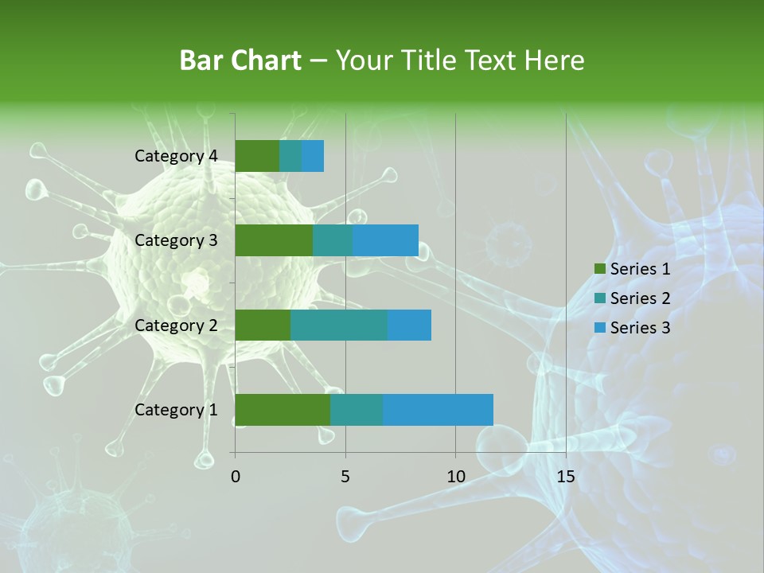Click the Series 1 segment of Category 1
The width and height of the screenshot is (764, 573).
click(x=283, y=410)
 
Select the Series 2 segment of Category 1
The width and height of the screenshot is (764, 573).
click(x=357, y=410)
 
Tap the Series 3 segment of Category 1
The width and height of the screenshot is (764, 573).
click(x=438, y=410)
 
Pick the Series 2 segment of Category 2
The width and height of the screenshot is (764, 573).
click(x=339, y=325)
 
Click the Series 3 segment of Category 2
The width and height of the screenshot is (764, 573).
click(x=409, y=325)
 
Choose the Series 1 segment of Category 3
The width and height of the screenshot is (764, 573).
click(x=274, y=240)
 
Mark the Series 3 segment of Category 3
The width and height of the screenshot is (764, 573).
click(x=385, y=240)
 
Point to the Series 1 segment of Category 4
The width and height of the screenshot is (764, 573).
click(x=257, y=156)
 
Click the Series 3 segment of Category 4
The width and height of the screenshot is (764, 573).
click(x=313, y=156)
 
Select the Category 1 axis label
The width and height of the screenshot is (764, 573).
click(x=176, y=410)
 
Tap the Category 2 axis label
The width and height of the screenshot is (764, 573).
click(x=176, y=325)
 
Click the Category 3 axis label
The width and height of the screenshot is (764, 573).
click(x=176, y=240)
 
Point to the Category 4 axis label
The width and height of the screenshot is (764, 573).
click(x=176, y=156)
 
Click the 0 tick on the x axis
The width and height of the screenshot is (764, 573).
click(x=236, y=477)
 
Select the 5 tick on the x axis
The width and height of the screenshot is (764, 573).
click(x=345, y=477)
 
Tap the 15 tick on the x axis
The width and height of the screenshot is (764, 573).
click(x=565, y=477)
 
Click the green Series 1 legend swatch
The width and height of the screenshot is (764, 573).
click(x=599, y=269)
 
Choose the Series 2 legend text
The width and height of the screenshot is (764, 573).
click(x=640, y=298)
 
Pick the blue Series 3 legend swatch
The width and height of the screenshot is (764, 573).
click(x=599, y=328)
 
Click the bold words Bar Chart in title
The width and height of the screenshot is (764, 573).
click(x=240, y=60)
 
